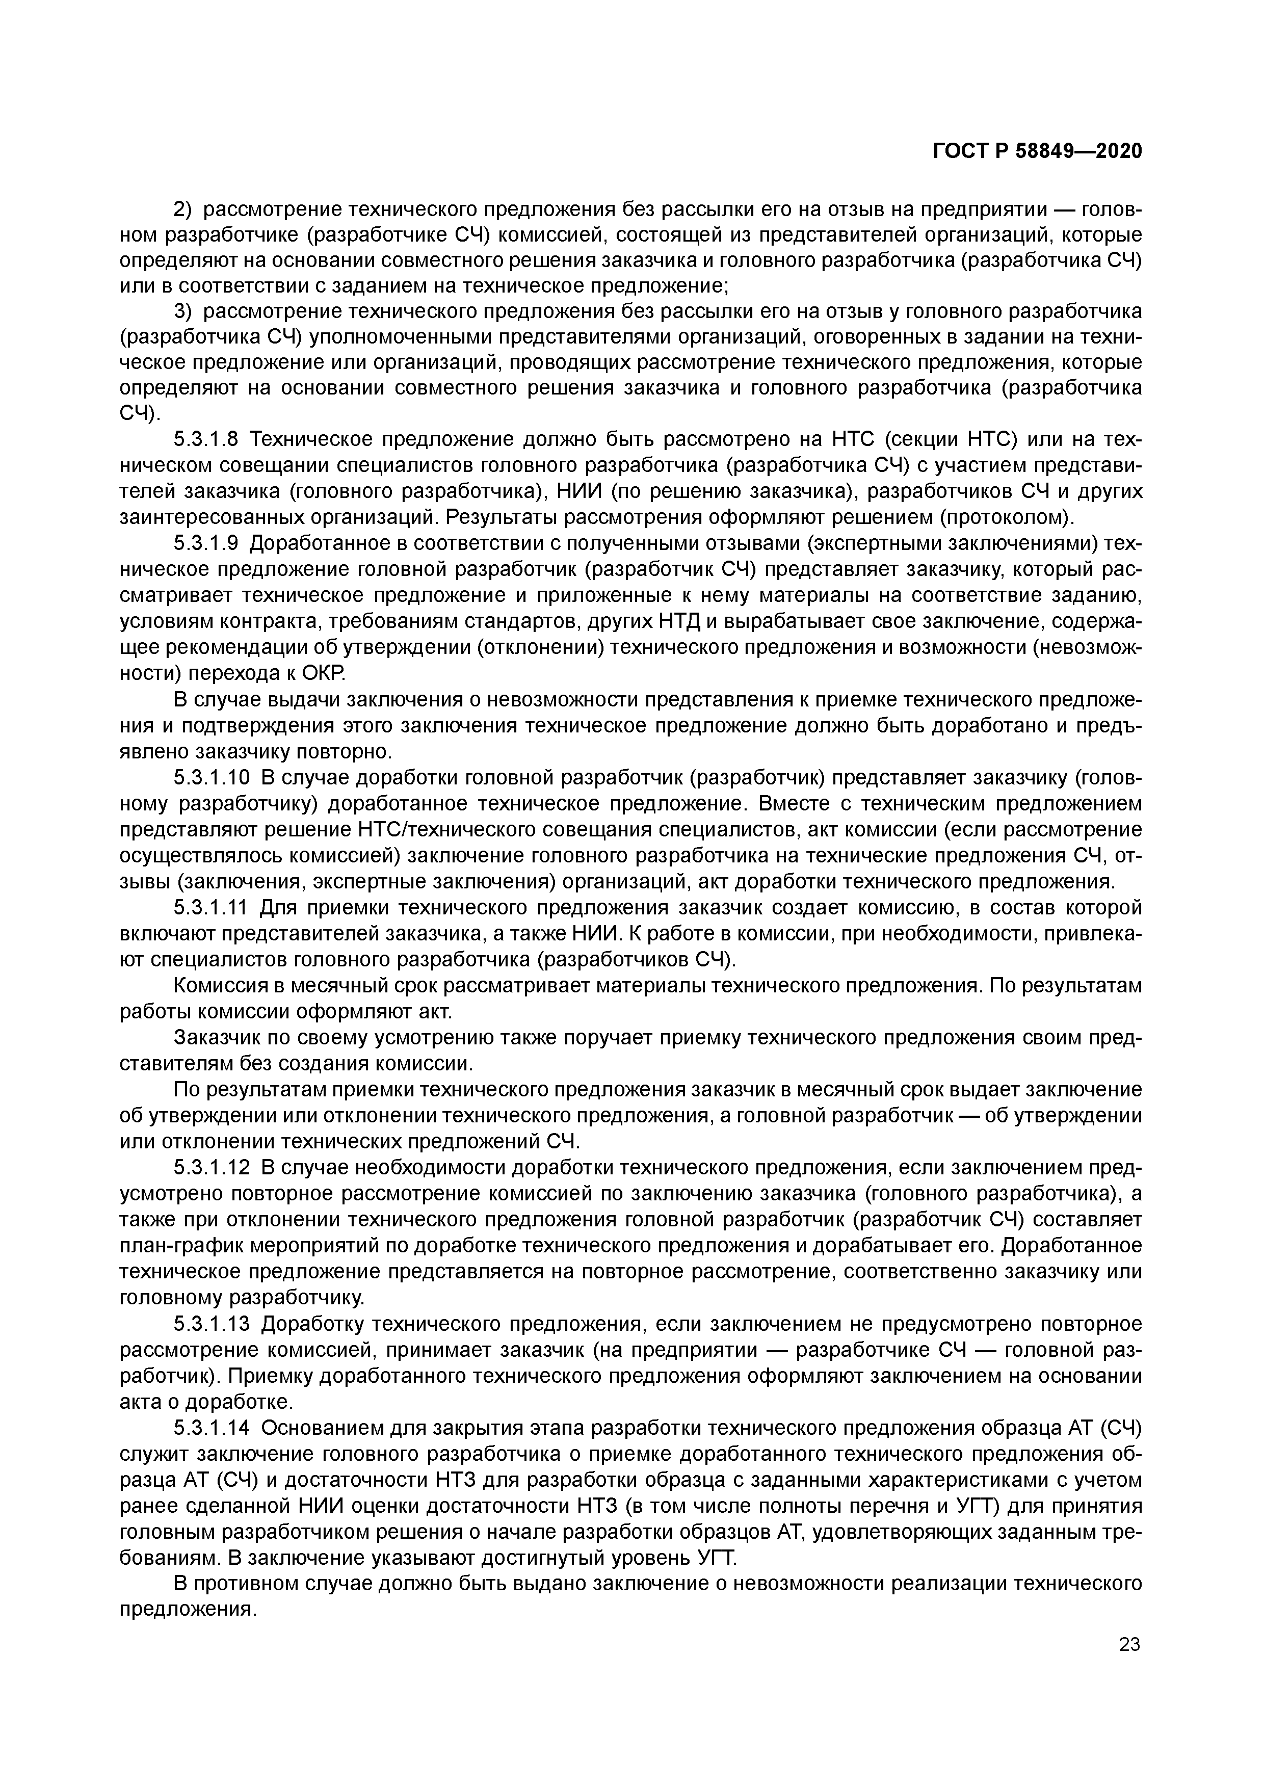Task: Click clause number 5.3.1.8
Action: click(205, 440)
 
